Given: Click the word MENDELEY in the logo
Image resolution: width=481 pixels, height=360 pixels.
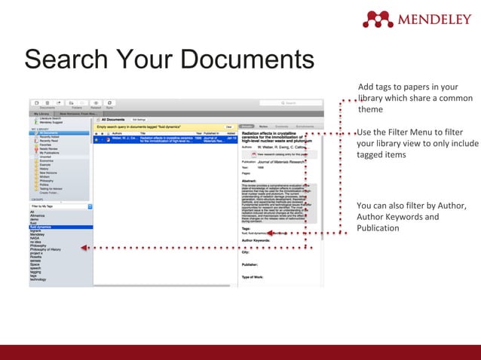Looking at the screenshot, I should pos(435,19).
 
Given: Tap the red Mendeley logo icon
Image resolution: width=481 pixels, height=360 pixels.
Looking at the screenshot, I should pos(378,19).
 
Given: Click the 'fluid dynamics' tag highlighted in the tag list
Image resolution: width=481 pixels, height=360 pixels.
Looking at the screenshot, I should pos(41,227).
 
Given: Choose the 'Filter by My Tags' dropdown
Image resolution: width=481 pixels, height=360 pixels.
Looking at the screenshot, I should pos(60,206).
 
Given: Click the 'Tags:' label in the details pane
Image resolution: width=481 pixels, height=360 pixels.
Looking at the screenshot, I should pos(246,228).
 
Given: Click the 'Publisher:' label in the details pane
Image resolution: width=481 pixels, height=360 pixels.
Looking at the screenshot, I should pos(250,264).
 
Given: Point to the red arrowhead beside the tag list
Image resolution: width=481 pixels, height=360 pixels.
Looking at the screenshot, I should pos(84,247).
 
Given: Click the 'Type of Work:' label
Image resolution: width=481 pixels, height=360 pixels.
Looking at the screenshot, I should pos(253,276).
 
